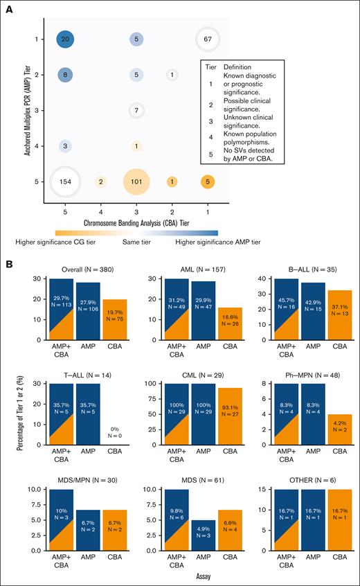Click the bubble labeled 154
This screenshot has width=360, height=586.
[x=64, y=181]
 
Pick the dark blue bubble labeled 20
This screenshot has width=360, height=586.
[x=64, y=40]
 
